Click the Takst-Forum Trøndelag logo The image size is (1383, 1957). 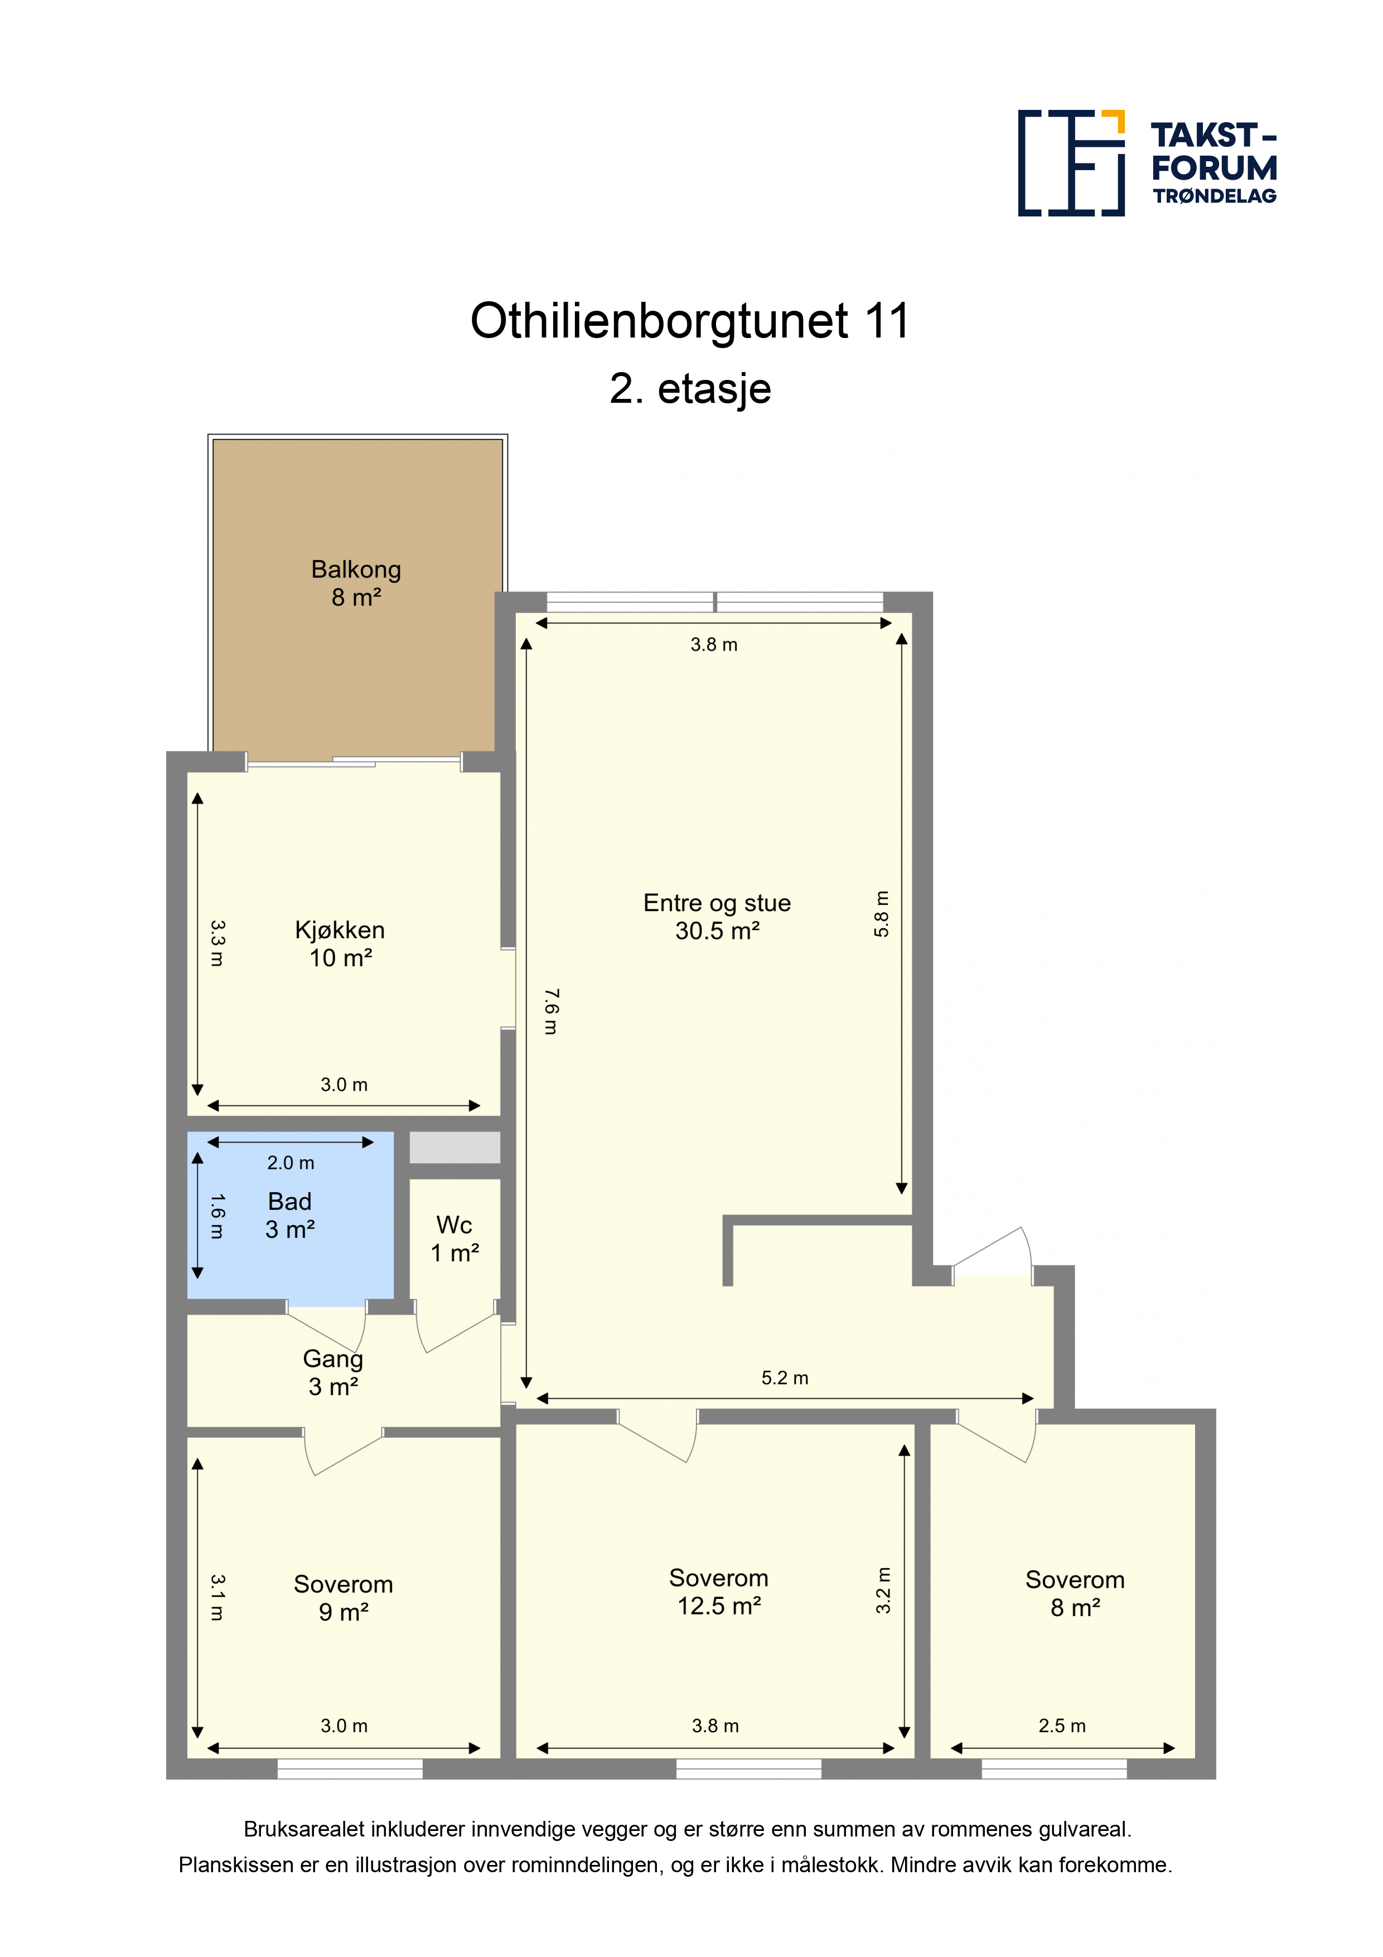point(1147,163)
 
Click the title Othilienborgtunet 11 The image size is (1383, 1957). point(690,321)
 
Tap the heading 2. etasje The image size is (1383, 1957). point(690,389)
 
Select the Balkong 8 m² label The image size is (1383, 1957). point(356,583)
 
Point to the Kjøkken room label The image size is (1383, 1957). point(340,943)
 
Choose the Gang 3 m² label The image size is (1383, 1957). point(333,1372)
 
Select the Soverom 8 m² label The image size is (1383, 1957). point(1075,1593)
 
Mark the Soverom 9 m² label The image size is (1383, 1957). point(344,1597)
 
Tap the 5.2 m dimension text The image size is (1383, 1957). point(785,1378)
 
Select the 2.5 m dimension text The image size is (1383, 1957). point(1062,1726)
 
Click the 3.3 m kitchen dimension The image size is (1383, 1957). point(217,943)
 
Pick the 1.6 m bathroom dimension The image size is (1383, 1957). point(217,1216)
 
